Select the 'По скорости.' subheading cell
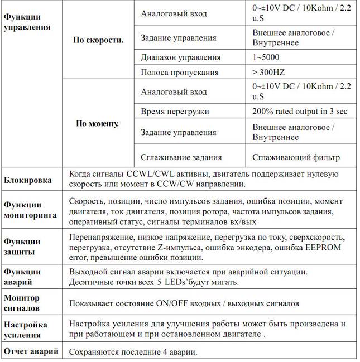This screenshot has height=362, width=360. pyautogui.click(x=98, y=40)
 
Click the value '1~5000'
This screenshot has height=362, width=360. pyautogui.click(x=266, y=57)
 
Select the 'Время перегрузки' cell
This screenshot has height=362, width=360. pyautogui.click(x=175, y=111)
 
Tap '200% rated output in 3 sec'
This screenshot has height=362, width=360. pyautogui.click(x=300, y=111)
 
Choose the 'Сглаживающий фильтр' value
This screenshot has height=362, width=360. pyautogui.click(x=296, y=157)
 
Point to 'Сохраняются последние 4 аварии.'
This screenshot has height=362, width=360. pyautogui.click(x=133, y=351)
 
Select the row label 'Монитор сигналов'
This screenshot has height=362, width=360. pyautogui.click(x=22, y=303)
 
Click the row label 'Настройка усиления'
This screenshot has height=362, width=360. pyautogui.click(x=26, y=330)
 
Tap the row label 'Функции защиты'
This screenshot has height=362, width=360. pyautogui.click(x=22, y=247)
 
